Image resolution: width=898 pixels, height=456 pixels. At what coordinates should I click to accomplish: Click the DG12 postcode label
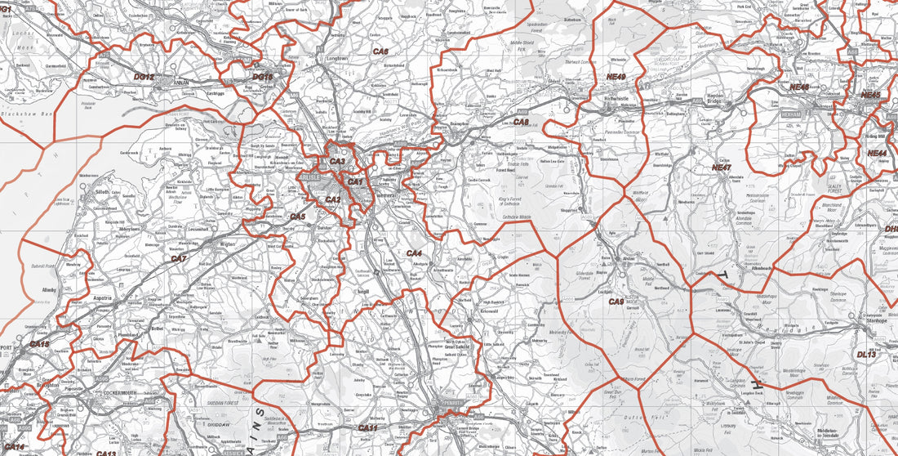(x=144, y=76)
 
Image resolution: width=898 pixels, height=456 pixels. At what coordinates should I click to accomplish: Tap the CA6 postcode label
(x=380, y=51)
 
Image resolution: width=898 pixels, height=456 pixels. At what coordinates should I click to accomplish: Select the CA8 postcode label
(x=521, y=122)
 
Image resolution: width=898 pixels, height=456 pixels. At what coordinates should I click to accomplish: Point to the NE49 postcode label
(x=616, y=77)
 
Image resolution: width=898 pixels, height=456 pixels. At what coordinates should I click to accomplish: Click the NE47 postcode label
(x=721, y=168)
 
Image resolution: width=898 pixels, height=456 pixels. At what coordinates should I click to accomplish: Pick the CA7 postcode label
(x=179, y=258)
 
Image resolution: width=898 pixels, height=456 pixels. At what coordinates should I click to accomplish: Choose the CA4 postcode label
(x=414, y=253)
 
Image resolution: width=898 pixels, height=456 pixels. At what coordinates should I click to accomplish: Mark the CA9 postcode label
(x=616, y=302)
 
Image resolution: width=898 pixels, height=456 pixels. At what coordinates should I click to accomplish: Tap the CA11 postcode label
(x=367, y=427)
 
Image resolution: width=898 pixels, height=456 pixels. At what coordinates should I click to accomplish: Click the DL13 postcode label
(x=865, y=355)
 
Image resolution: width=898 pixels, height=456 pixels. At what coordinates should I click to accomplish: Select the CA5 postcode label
(x=298, y=217)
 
